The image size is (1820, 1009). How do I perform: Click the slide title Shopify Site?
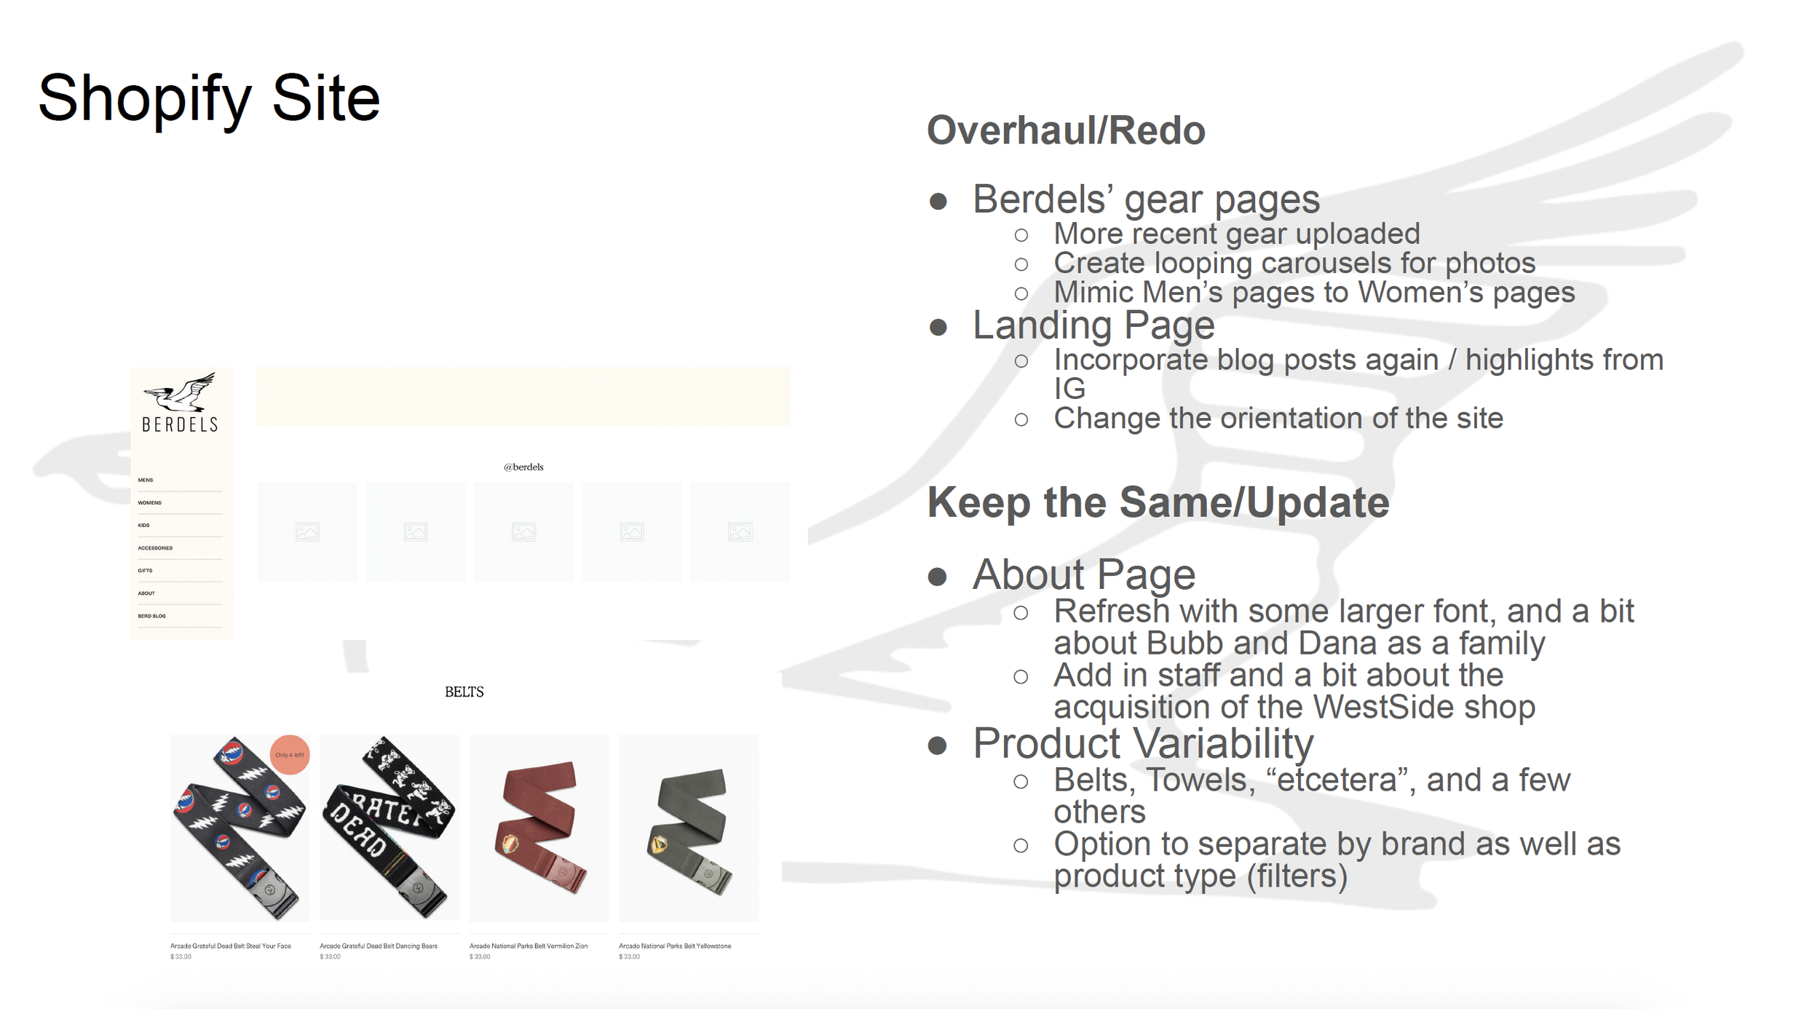(x=209, y=98)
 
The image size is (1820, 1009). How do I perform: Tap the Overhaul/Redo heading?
(x=1066, y=131)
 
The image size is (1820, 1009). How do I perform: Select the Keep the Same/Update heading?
(x=1158, y=503)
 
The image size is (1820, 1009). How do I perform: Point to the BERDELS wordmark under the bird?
(x=180, y=424)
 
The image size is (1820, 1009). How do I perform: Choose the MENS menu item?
(x=146, y=480)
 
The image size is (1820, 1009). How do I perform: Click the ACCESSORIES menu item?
(x=155, y=548)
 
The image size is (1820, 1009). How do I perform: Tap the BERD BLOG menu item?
(x=151, y=616)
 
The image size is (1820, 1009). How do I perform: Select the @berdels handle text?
(x=523, y=467)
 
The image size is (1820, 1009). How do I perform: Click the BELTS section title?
(x=464, y=692)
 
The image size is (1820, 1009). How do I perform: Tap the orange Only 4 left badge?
(x=290, y=755)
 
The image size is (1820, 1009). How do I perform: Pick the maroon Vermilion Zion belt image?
(x=539, y=828)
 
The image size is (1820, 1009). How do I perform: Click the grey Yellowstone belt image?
(x=689, y=828)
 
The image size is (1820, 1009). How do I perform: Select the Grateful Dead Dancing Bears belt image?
(x=389, y=828)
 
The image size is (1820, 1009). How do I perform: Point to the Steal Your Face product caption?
(x=231, y=946)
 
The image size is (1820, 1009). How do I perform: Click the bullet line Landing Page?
(x=1093, y=325)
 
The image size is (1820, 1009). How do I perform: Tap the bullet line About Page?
(x=1084, y=575)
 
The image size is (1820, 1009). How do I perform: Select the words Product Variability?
(x=1143, y=744)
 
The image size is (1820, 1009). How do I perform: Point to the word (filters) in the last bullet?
(x=1297, y=877)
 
